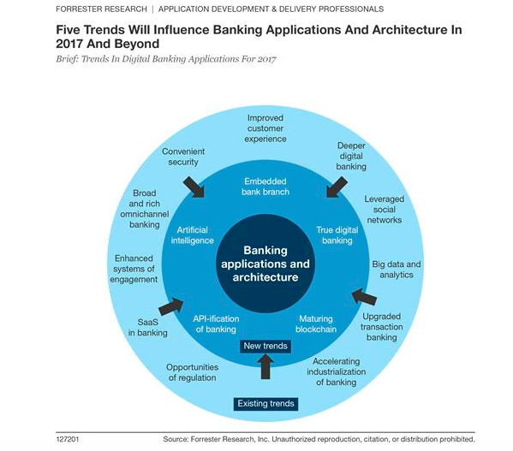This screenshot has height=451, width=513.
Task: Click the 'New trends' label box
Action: (x=265, y=346)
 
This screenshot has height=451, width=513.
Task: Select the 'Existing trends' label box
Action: (x=265, y=404)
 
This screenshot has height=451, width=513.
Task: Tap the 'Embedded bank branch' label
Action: (x=265, y=187)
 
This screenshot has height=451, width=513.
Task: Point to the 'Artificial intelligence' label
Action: (x=193, y=235)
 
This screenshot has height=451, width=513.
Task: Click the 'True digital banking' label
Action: (x=337, y=235)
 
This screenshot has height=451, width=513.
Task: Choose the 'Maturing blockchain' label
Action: (x=316, y=323)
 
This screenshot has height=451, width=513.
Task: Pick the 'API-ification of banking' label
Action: (x=216, y=323)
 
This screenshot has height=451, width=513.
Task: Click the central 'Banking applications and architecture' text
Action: (x=265, y=264)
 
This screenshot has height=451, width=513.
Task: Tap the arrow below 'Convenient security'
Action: (x=194, y=187)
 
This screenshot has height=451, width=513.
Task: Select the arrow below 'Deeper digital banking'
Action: (x=337, y=187)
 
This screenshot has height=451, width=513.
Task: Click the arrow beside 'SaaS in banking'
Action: (x=170, y=306)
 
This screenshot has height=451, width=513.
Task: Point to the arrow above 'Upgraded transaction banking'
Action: (x=364, y=297)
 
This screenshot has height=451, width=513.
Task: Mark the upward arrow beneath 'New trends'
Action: (x=265, y=366)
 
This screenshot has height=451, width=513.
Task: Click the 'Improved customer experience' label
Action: (x=265, y=128)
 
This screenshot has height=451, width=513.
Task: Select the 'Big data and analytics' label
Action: (x=397, y=270)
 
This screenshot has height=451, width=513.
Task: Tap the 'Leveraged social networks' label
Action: (x=385, y=210)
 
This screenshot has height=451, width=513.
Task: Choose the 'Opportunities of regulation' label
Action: (x=193, y=372)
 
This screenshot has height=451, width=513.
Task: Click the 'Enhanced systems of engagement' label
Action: (x=134, y=269)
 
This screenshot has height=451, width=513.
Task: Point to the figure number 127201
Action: (x=68, y=439)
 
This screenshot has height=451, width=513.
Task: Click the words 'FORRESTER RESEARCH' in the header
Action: (x=101, y=9)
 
